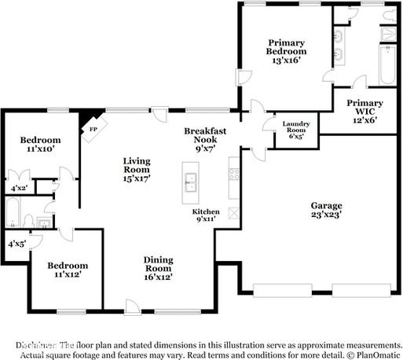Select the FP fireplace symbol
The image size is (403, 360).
click(93, 130)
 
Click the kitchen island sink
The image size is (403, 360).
click(190, 182)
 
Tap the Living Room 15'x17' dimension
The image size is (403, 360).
click(136, 178)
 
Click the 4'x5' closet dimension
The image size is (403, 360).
click(16, 244)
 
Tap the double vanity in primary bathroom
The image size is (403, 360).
click(340, 46)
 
